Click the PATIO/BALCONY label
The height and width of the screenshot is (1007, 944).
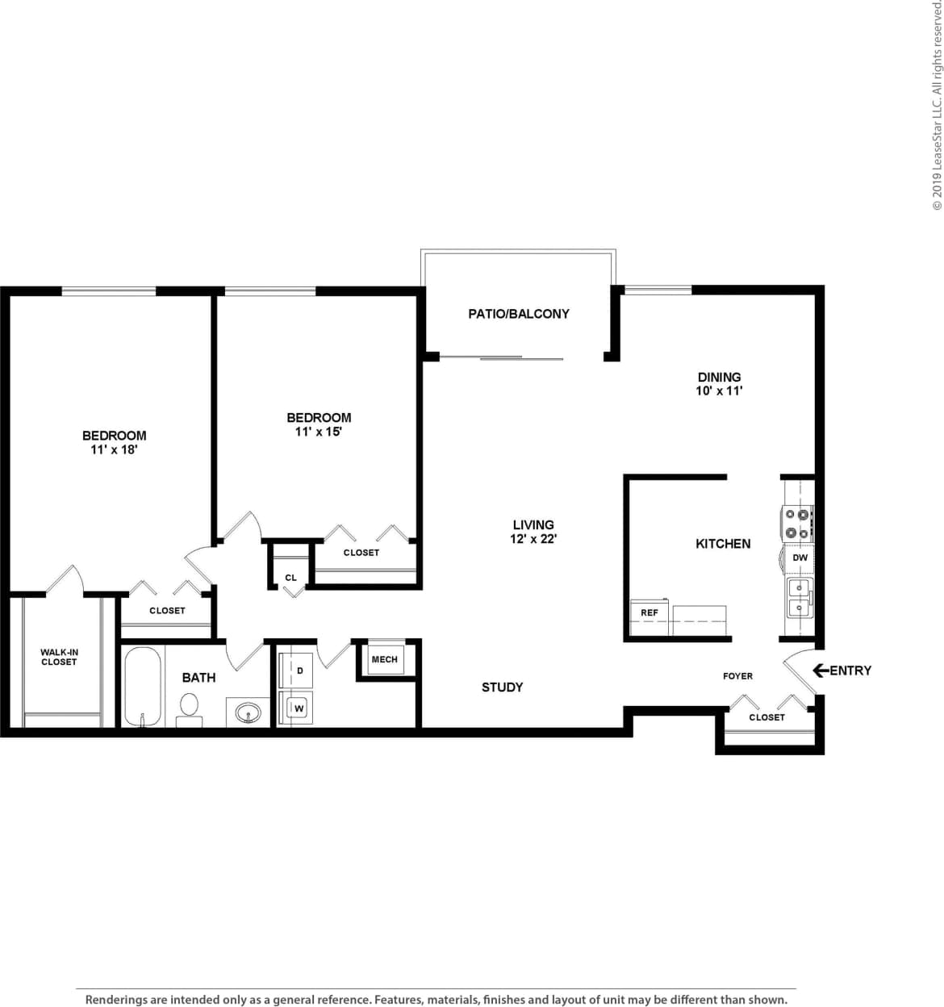pos(519,314)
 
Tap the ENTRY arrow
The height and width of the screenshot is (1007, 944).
pos(821,670)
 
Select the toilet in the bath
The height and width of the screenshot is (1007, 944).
pos(190,707)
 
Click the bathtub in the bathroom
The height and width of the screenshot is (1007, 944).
pos(143,685)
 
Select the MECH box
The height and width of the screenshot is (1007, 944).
pos(385,659)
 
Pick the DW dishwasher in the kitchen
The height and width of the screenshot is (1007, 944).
pos(800,558)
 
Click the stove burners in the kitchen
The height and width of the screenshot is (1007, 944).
pos(797,523)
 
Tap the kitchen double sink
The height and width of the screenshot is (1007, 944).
pos(800,597)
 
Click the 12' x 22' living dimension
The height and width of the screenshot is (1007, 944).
pos(533,539)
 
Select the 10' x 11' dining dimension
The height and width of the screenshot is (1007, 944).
pos(719,391)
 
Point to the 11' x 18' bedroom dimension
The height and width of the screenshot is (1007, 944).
pos(114,449)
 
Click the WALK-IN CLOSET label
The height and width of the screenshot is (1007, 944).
pos(59,657)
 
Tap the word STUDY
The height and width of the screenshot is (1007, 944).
pos(502,687)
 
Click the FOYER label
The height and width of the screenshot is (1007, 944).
pos(737,676)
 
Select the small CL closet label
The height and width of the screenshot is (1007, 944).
pos(290,578)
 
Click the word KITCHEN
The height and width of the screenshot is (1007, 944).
pos(723,544)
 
